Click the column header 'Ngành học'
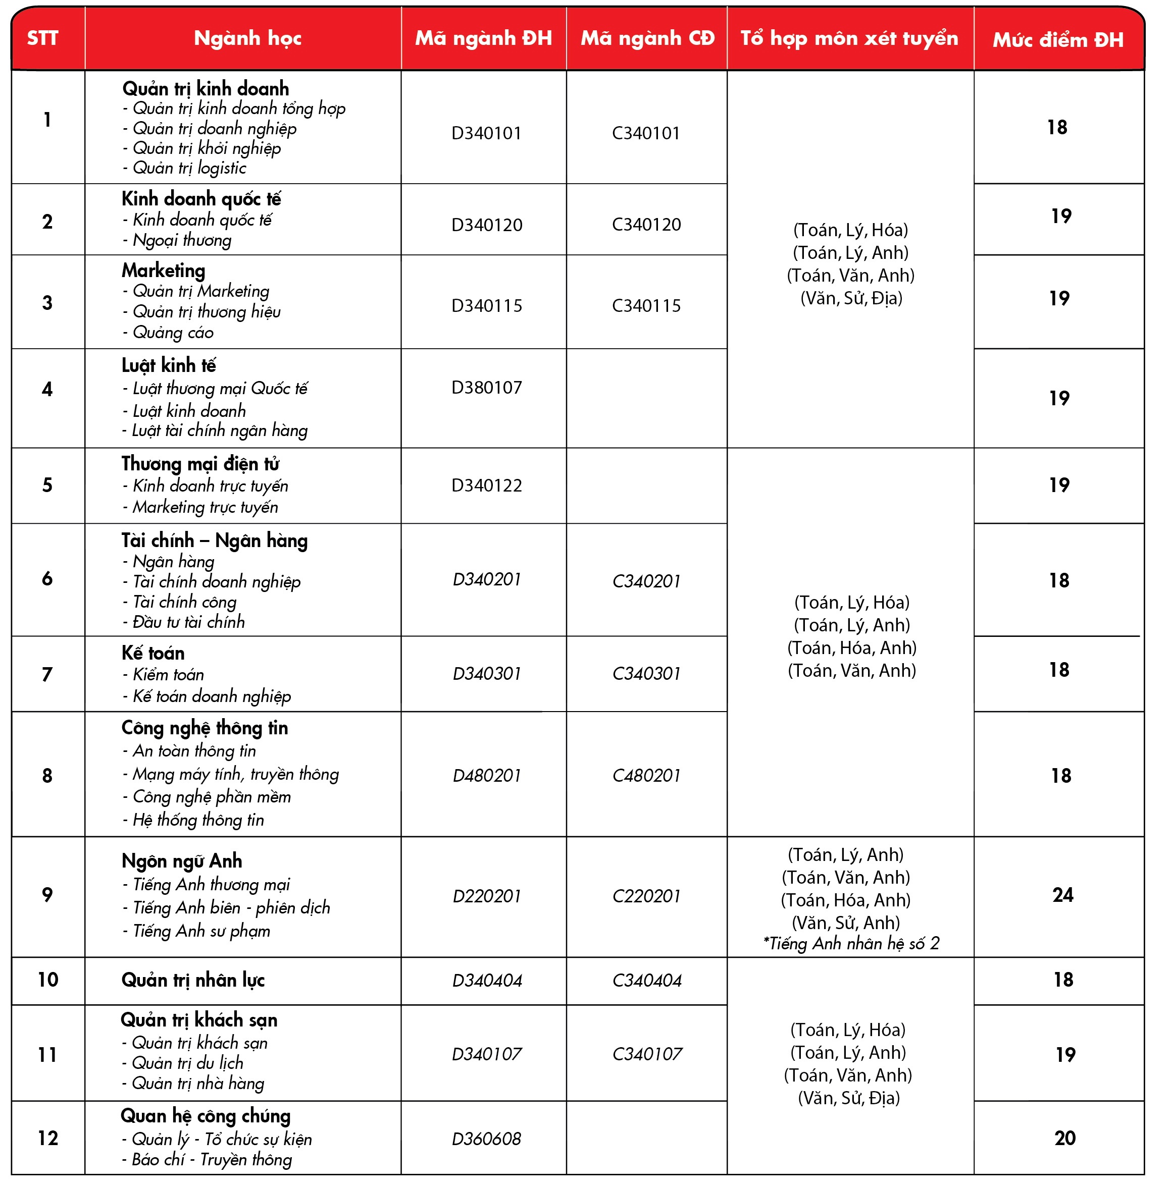[247, 38]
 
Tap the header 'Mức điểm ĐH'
[1058, 40]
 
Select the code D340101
[486, 133]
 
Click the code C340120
[646, 225]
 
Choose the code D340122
[486, 485]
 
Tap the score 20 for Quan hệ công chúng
[1064, 1138]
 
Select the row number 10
[48, 980]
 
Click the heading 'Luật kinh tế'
[169, 365]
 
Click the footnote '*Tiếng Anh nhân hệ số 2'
[851, 943]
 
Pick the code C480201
[646, 775]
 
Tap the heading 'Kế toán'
[153, 653]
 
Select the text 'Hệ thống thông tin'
[197, 820]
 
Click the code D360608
[486, 1139]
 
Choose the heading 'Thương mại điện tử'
[200, 464]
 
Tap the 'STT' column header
[42, 38]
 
